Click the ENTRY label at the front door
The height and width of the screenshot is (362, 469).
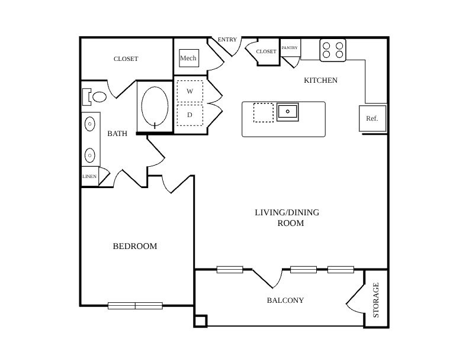click(227, 40)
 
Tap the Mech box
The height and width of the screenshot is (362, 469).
click(189, 58)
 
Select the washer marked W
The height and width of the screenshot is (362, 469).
click(190, 92)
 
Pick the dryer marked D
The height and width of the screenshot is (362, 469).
click(190, 115)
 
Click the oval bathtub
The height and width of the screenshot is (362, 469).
click(155, 106)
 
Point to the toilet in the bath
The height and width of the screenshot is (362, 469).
click(95, 97)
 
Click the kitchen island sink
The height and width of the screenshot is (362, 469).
click(287, 112)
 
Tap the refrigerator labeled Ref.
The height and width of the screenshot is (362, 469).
click(372, 118)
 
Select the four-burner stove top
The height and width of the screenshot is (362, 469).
click(333, 50)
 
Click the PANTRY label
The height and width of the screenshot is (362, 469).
click(290, 47)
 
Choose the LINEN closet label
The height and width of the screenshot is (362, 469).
click(89, 176)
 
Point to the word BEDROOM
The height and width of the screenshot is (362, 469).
click(135, 246)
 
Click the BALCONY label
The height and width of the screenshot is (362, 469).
click(285, 300)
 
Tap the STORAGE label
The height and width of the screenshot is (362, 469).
click(375, 300)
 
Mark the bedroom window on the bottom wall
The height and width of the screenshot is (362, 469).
click(135, 306)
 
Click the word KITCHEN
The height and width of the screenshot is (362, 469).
click(320, 80)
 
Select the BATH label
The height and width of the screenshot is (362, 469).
click(117, 134)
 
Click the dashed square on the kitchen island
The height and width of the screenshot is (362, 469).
click(263, 112)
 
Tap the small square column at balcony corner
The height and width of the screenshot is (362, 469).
click(200, 321)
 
